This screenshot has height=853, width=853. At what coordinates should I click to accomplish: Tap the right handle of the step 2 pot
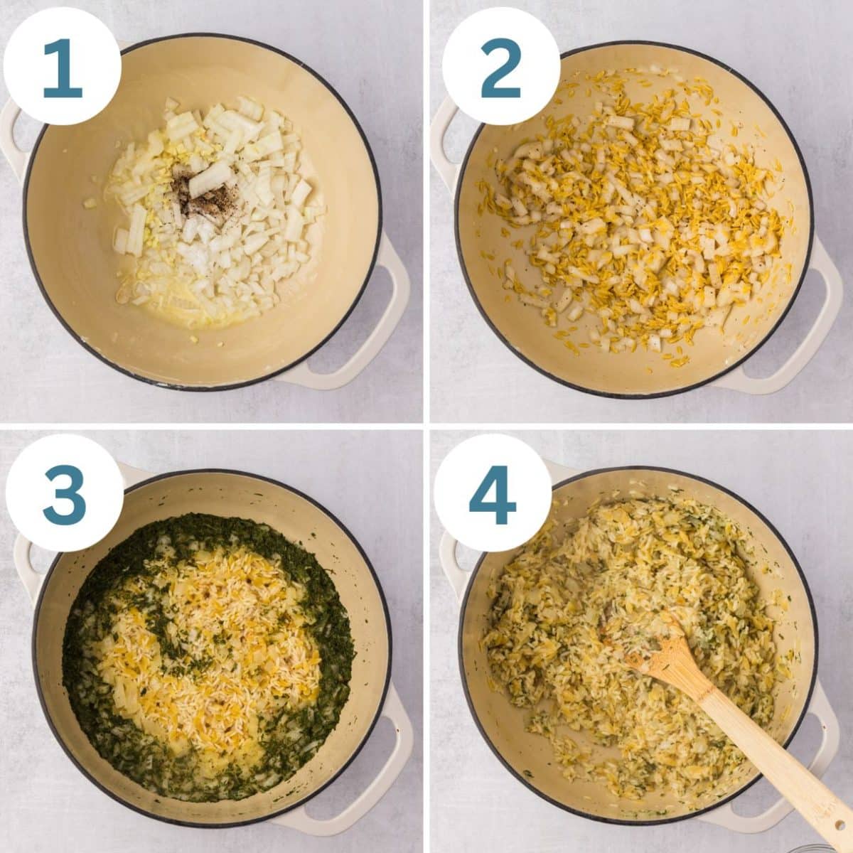817,313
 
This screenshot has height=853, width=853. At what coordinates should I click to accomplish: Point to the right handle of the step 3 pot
395,746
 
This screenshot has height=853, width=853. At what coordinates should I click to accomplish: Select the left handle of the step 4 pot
449,562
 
